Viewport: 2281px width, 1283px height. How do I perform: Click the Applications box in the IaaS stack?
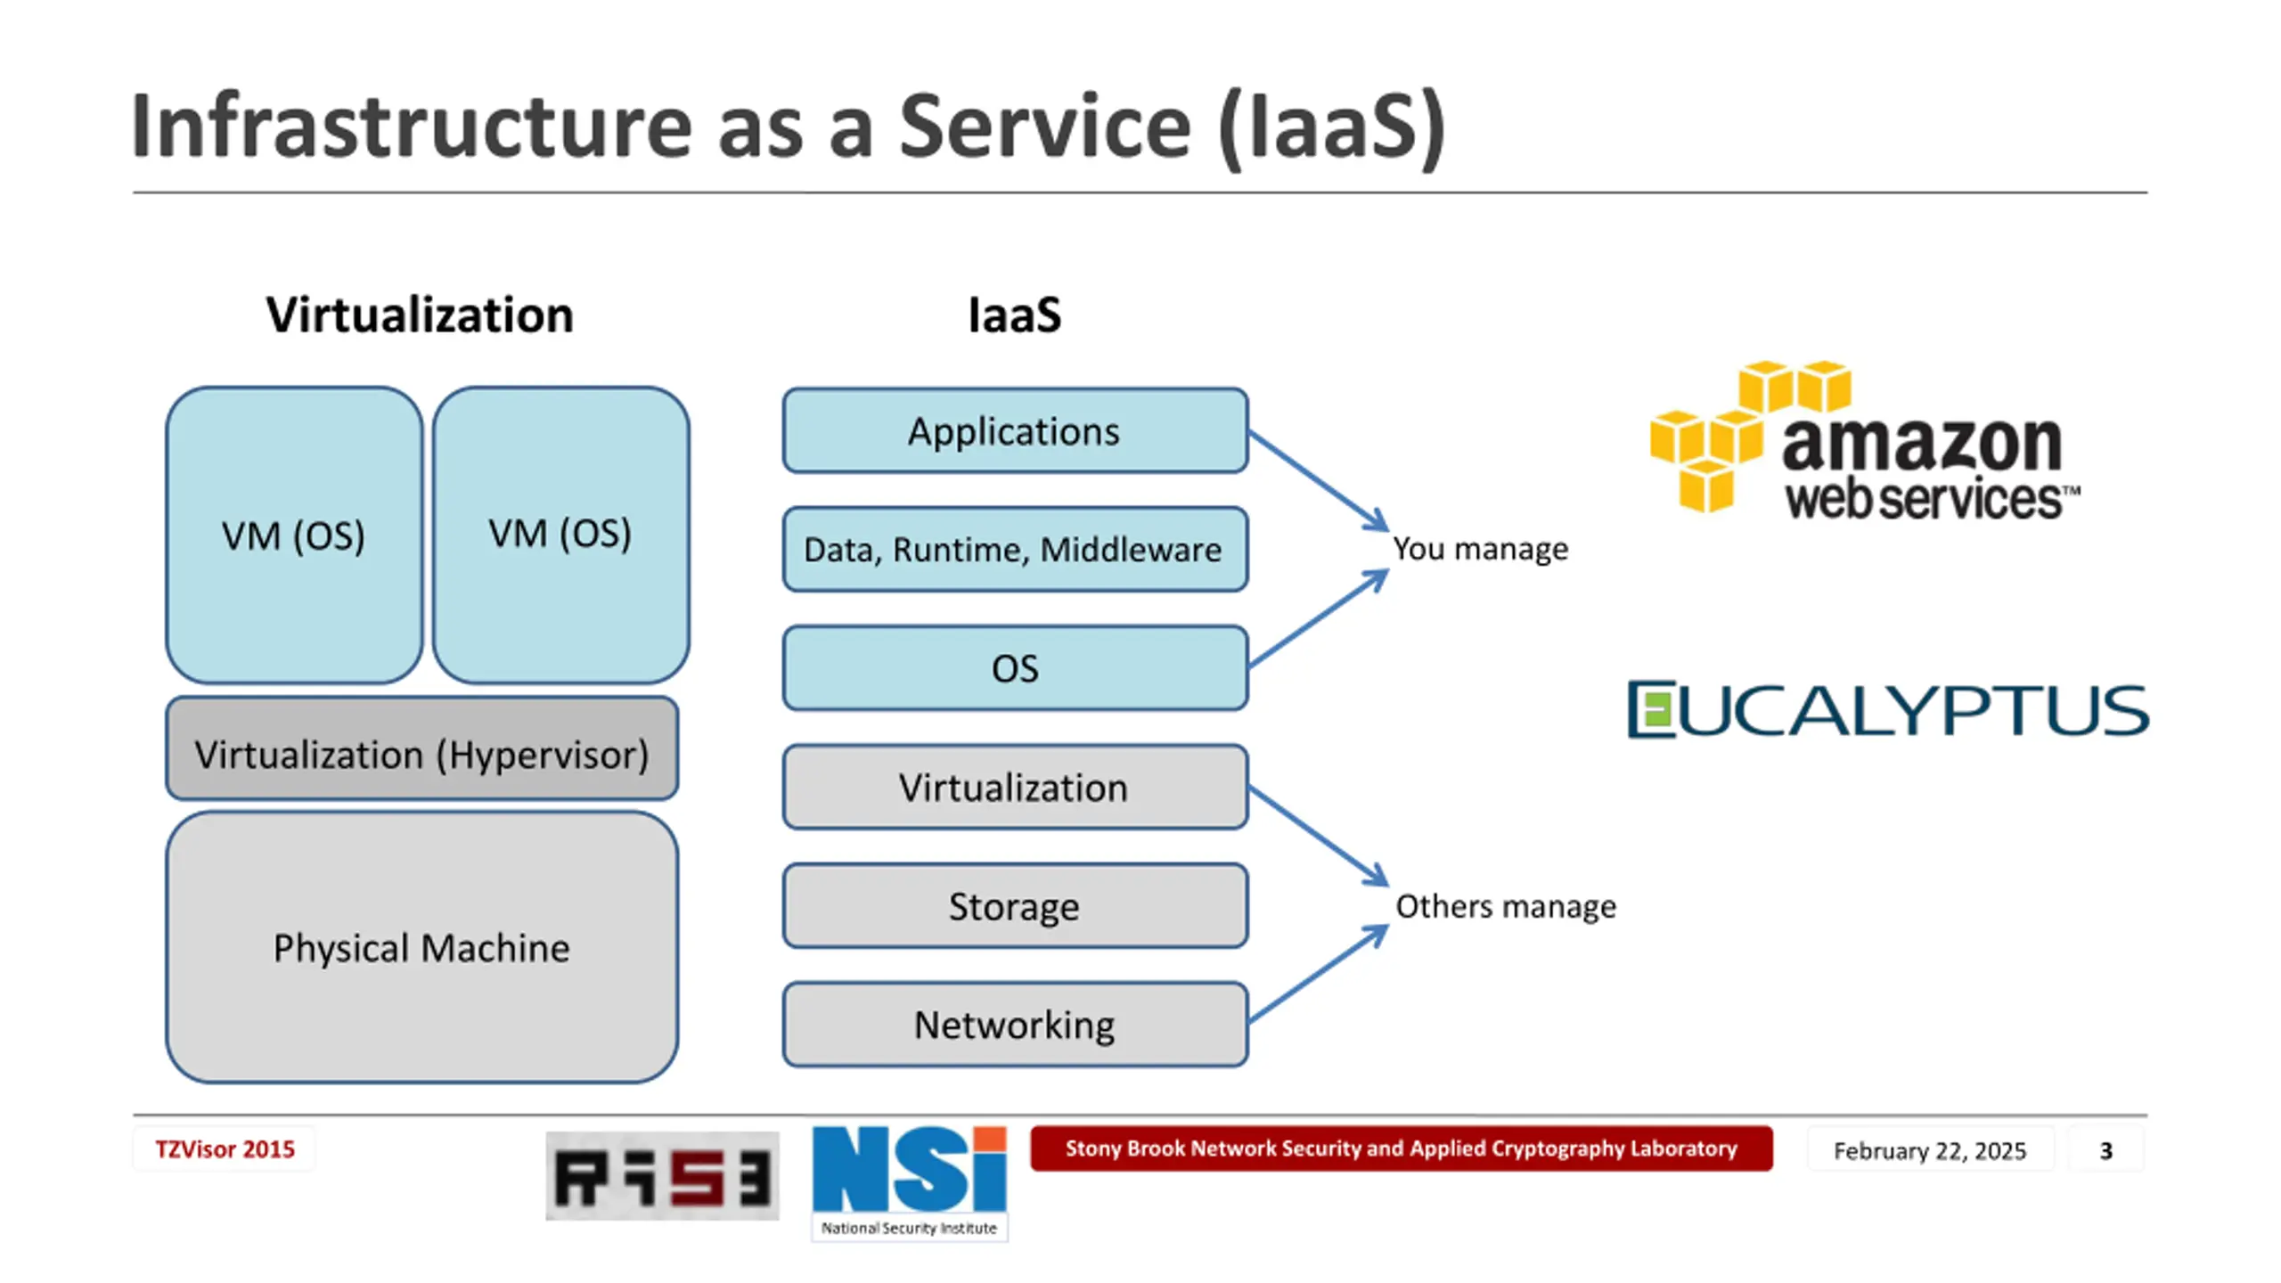click(1014, 431)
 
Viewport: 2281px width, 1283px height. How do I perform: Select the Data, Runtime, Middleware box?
click(1014, 550)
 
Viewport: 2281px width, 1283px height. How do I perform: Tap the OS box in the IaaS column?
click(1014, 668)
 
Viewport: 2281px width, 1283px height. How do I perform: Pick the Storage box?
click(1014, 906)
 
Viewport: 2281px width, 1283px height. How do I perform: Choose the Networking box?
click(1014, 1025)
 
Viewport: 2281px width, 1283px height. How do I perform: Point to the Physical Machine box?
click(421, 948)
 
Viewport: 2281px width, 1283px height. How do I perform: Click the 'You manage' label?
click(1480, 549)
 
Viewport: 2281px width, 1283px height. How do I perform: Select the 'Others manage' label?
click(1505, 906)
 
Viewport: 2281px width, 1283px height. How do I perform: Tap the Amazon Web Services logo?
click(1864, 441)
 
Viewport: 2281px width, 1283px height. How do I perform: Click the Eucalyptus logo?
click(1887, 710)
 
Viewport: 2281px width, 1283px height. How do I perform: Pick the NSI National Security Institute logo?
click(909, 1181)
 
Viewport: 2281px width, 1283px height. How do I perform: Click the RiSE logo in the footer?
click(662, 1176)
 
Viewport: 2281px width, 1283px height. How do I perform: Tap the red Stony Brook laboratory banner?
click(1401, 1148)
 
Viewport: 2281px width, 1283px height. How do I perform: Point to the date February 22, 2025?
click(1929, 1151)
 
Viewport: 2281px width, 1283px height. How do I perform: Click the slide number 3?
click(2105, 1151)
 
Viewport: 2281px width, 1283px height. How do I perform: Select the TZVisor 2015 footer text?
click(225, 1149)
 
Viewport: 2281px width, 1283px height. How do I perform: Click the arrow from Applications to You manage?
click(1318, 480)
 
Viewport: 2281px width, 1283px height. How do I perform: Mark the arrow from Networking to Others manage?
click(1318, 975)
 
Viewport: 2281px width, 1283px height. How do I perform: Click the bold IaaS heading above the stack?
click(1014, 315)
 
